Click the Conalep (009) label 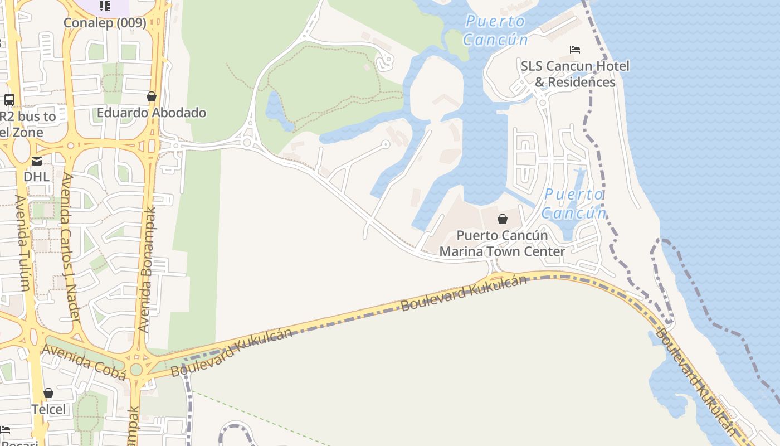coord(105,23)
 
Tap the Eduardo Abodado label coord(152,113)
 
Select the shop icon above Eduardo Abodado coord(151,96)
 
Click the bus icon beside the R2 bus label coord(9,100)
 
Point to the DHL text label coord(36,177)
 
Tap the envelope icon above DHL coord(36,161)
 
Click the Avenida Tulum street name coord(22,243)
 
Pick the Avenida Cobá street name coord(84,361)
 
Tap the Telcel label coord(48,409)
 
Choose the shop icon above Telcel coord(48,393)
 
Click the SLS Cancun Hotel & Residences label coord(575,74)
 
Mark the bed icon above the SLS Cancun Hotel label coord(575,50)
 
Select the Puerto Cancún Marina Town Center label coord(502,244)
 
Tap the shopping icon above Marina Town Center coord(503,219)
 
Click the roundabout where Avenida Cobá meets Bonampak coord(136,369)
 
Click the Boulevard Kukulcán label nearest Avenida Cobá coord(231,352)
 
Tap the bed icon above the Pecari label coord(5,430)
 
